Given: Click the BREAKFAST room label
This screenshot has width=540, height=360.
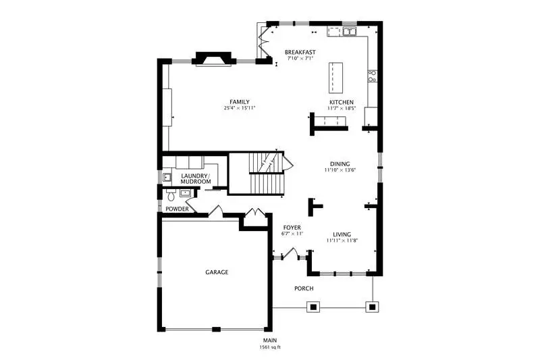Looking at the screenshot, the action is (x=300, y=53).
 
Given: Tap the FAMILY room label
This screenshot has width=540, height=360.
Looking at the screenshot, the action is (x=240, y=102).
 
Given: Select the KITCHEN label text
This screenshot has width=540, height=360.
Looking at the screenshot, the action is (x=342, y=102).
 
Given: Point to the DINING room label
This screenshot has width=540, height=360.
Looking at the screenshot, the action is (x=340, y=164).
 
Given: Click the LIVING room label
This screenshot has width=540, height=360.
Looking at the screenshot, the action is (x=342, y=234).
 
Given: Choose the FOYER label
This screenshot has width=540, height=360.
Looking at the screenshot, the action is (x=292, y=228).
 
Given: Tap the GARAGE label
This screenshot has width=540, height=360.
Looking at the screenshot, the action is (x=217, y=272).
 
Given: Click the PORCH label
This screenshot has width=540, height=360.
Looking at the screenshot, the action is (x=304, y=288).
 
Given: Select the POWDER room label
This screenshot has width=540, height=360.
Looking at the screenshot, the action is (x=177, y=209).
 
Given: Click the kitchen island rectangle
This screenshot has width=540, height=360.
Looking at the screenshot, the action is (x=335, y=78).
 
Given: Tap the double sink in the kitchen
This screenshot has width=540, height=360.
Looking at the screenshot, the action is (x=350, y=32).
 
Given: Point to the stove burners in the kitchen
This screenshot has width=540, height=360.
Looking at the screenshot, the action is (x=373, y=76).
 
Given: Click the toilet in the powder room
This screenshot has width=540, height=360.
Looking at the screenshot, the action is (x=171, y=195).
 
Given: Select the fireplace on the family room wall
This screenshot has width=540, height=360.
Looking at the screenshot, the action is (x=214, y=59).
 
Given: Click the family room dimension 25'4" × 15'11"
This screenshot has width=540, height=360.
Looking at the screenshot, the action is (x=240, y=108).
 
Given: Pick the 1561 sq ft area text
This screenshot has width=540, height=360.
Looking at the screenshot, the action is (x=270, y=347).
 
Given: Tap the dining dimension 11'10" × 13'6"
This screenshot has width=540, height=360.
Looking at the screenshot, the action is (x=340, y=170).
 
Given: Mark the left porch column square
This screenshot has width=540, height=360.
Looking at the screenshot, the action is (x=313, y=307).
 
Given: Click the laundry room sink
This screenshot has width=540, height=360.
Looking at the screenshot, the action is (x=167, y=177).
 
